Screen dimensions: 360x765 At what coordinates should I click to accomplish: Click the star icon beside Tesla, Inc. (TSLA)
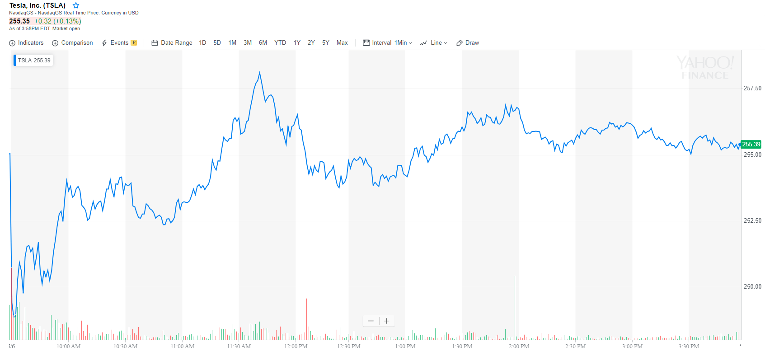(x=76, y=5)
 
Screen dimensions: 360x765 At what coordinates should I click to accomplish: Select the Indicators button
(x=26, y=43)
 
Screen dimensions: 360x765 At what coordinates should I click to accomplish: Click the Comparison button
(x=72, y=43)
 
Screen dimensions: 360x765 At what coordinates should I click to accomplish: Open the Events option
(x=119, y=43)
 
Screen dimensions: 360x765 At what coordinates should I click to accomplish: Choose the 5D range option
(x=217, y=43)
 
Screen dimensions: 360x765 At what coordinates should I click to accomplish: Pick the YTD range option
(x=280, y=43)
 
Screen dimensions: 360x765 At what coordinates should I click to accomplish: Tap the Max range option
(x=342, y=43)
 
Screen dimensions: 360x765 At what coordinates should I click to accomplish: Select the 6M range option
(x=263, y=43)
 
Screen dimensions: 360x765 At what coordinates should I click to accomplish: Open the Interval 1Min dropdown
(x=388, y=43)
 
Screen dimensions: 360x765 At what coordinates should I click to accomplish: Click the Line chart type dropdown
(x=434, y=43)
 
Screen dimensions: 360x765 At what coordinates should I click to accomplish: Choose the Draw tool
(x=468, y=43)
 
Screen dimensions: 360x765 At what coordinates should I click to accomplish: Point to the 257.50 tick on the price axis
(x=752, y=88)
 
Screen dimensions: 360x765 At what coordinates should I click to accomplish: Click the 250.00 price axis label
(x=752, y=286)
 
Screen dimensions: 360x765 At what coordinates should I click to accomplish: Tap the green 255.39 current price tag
(x=751, y=145)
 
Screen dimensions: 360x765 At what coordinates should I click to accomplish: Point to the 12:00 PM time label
(x=296, y=346)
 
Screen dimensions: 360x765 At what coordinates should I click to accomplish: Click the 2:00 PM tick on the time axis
(x=519, y=346)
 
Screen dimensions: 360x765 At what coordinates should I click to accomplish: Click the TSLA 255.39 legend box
(x=34, y=61)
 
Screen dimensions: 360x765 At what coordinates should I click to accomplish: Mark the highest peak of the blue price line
(x=259, y=72)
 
